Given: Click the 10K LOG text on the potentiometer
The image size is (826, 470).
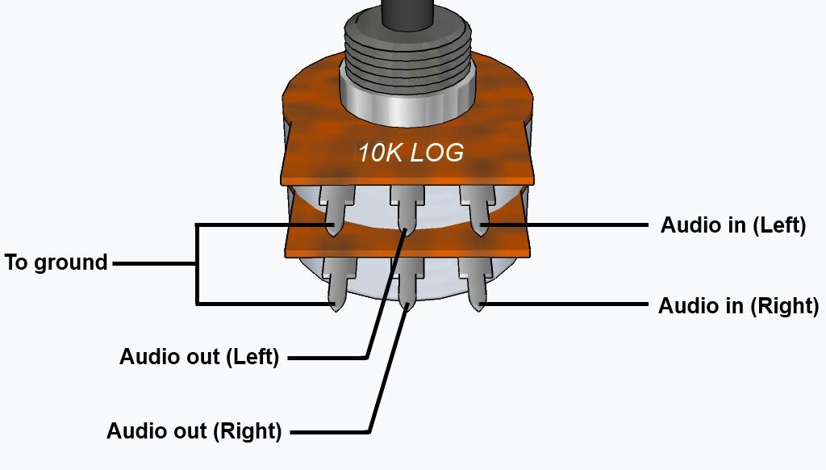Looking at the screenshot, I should [411, 153].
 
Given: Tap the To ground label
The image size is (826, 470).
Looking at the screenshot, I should [56, 262].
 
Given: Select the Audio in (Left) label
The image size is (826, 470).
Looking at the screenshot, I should [733, 225].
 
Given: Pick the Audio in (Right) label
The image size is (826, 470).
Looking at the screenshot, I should [738, 306].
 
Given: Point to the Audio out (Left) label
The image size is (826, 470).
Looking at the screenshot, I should [199, 356].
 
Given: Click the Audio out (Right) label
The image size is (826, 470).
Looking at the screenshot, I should [194, 431].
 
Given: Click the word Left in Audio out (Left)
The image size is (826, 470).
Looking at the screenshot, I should [254, 356].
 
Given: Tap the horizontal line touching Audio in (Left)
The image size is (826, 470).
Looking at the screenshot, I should [565, 225].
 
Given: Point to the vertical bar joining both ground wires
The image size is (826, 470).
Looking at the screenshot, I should [197, 263].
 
